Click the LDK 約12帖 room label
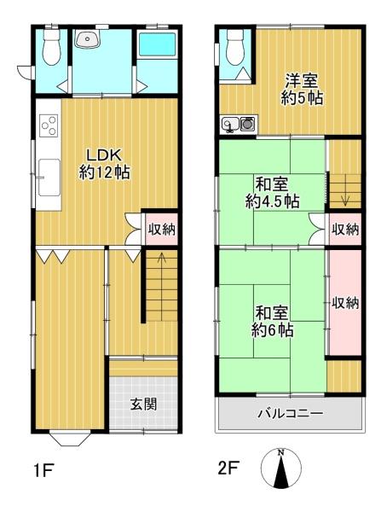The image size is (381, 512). [104, 164]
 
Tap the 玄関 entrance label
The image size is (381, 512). [144, 404]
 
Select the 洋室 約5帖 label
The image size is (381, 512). [302, 89]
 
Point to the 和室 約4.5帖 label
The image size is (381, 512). [272, 193]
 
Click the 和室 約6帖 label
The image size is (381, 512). [272, 322]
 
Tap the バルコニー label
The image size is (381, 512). [291, 414]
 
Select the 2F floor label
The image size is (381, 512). [228, 468]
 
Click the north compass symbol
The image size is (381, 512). [281, 468]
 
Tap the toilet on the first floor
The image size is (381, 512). [51, 47]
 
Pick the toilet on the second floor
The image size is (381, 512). [235, 47]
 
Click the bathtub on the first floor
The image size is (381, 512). [157, 45]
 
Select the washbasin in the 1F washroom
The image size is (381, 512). [88, 39]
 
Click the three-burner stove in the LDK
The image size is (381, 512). [49, 125]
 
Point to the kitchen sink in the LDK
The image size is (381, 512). [49, 177]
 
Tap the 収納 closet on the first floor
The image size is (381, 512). [161, 230]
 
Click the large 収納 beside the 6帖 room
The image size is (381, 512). [345, 303]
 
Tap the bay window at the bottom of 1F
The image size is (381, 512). [69, 439]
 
